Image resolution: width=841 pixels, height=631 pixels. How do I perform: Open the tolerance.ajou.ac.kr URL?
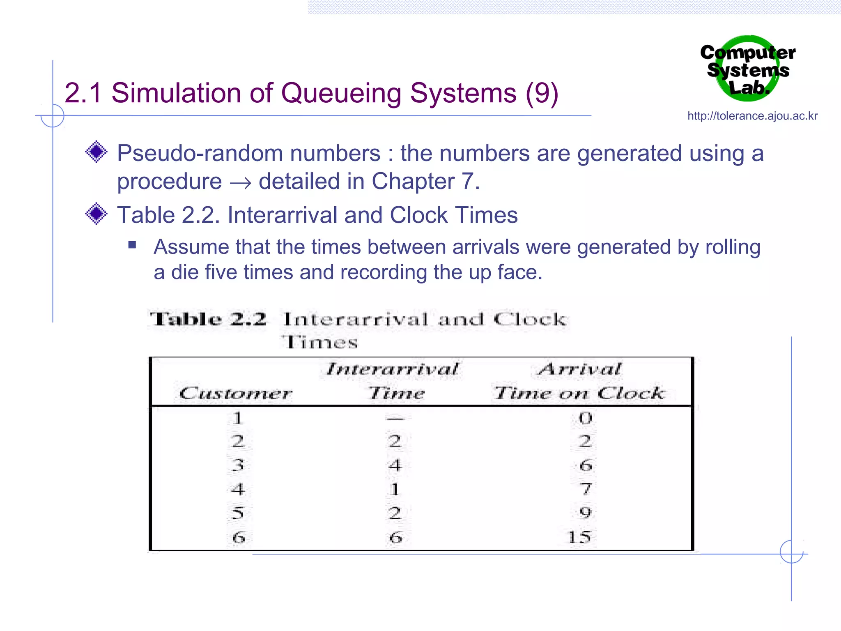(x=752, y=116)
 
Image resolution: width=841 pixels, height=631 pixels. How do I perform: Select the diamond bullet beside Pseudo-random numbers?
(x=96, y=152)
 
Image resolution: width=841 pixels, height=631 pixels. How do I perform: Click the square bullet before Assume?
(x=132, y=245)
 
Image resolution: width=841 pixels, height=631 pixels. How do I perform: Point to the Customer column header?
(x=236, y=393)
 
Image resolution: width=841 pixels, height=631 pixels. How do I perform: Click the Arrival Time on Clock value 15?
(x=579, y=537)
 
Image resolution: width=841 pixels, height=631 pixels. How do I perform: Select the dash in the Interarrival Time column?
(x=395, y=419)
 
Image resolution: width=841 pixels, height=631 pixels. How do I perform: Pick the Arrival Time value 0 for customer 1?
(x=585, y=418)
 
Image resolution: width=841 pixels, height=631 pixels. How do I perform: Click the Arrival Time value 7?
(x=586, y=489)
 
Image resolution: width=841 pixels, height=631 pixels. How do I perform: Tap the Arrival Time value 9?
(x=586, y=512)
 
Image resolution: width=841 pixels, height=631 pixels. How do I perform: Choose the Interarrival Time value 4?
(x=395, y=465)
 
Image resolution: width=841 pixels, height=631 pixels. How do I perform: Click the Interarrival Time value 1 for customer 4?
(x=395, y=489)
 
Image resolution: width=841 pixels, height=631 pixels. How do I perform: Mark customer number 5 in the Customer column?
(x=238, y=513)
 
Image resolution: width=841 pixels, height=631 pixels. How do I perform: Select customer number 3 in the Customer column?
(x=238, y=465)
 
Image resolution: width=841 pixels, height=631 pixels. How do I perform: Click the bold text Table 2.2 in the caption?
(x=209, y=319)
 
